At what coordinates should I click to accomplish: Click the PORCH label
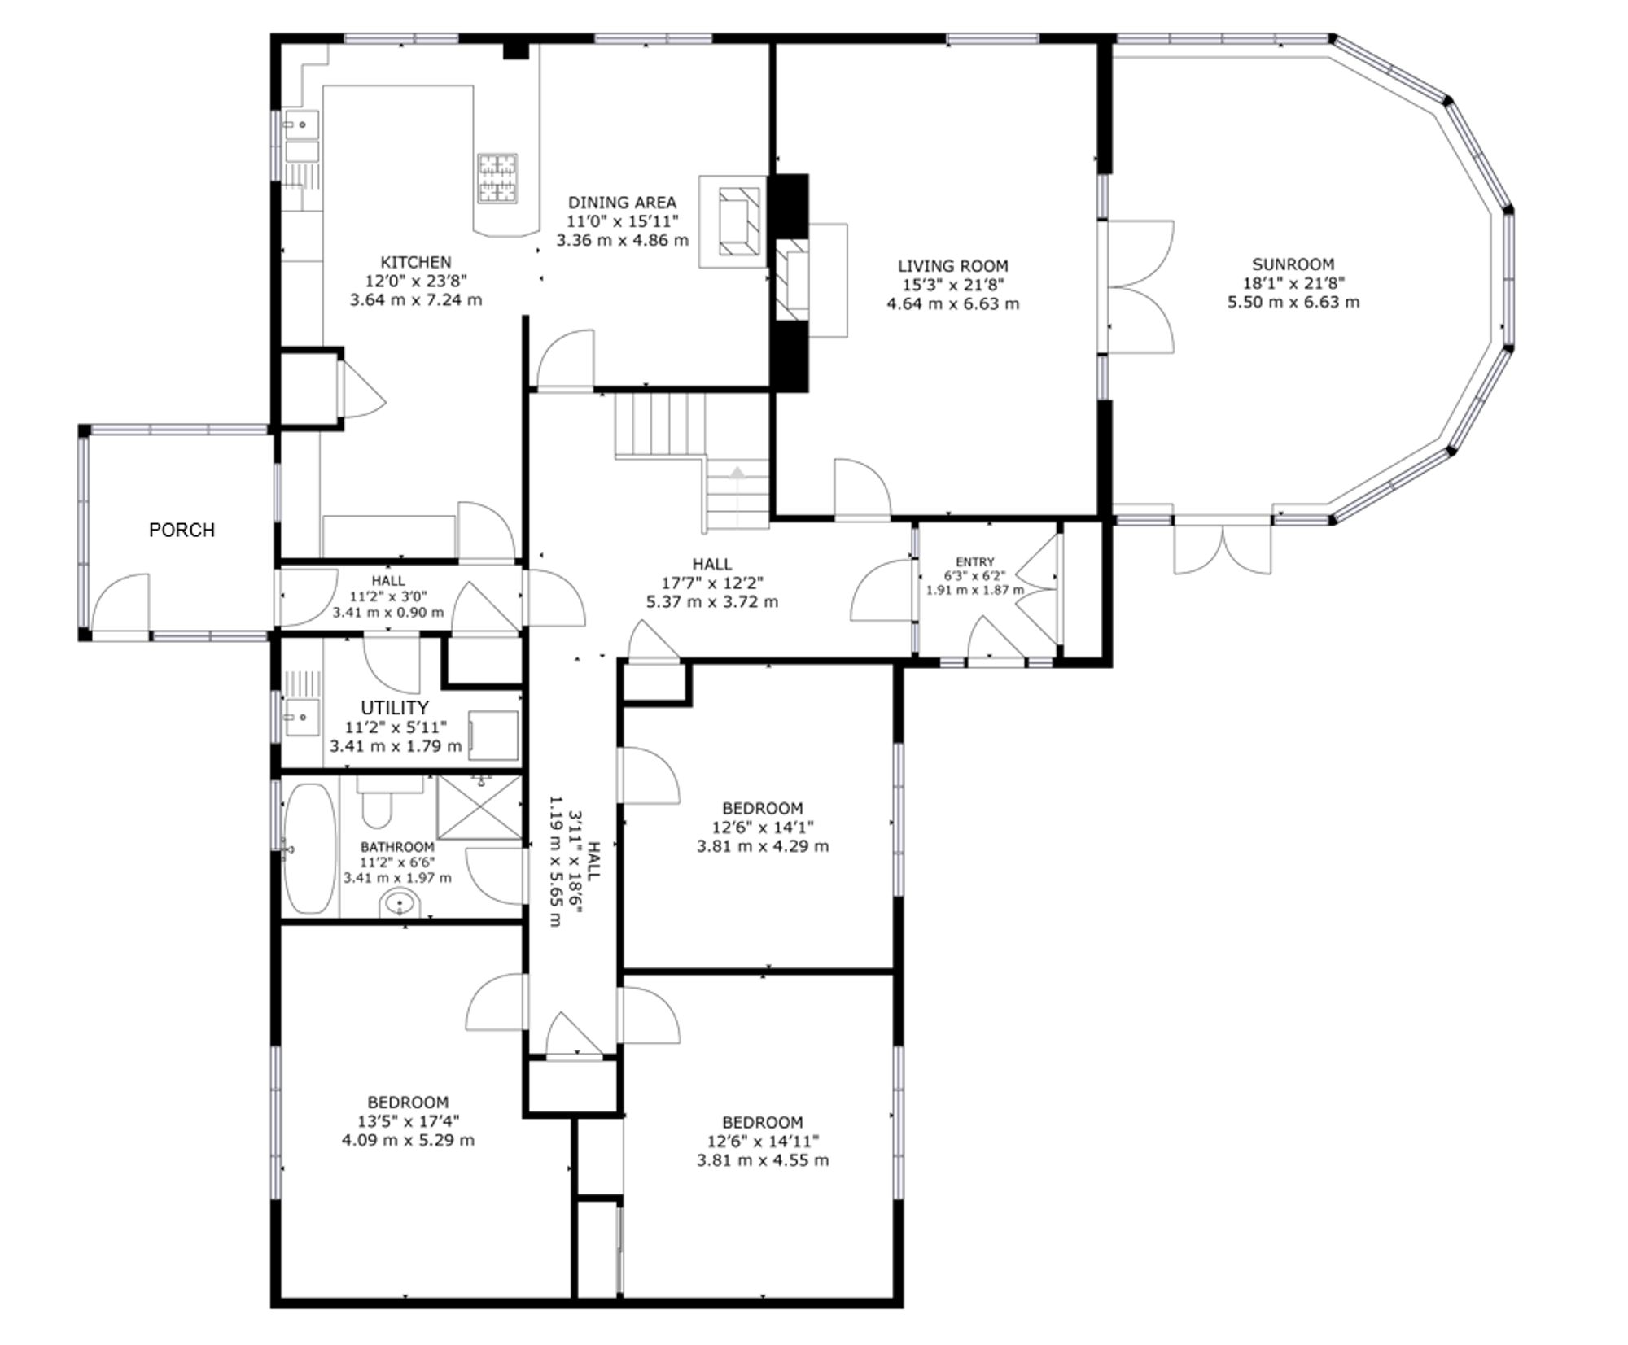point(182,530)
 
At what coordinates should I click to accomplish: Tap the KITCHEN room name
point(416,262)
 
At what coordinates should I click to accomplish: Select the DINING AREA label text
point(622,202)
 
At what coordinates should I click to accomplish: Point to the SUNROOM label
point(1293,264)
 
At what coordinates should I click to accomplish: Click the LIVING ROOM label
point(952,265)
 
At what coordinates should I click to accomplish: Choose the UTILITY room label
point(395,707)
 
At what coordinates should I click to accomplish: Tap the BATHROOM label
point(397,847)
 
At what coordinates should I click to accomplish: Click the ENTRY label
point(975,561)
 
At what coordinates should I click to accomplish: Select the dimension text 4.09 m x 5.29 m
point(408,1140)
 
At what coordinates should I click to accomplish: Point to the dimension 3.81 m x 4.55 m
point(763,1159)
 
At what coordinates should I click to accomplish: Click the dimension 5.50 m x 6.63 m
point(1293,302)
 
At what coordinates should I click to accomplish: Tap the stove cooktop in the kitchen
point(497,178)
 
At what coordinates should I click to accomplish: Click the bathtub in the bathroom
point(309,849)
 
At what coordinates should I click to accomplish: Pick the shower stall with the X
point(479,807)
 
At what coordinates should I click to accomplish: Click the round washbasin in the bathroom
point(400,903)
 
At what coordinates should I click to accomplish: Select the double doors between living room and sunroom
point(1140,286)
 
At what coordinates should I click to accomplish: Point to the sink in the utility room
point(301,717)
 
